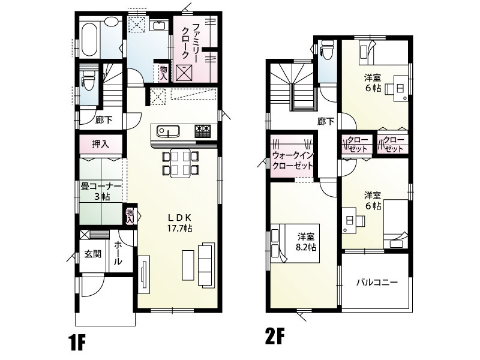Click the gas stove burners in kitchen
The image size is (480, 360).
pyautogui.click(x=202, y=131)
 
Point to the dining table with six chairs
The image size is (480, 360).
pyautogui.click(x=181, y=163)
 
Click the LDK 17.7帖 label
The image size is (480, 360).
pyautogui.click(x=179, y=223)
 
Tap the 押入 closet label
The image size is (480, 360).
pyautogui.click(x=100, y=144)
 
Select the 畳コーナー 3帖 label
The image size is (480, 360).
pyautogui.click(x=101, y=191)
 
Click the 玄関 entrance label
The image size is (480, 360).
pyautogui.click(x=93, y=254)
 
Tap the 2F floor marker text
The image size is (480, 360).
pyautogui.click(x=275, y=336)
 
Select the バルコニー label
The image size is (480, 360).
pyautogui.click(x=377, y=282)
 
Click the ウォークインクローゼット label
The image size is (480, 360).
pyautogui.click(x=293, y=160)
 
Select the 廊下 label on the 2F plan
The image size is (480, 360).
pyautogui.click(x=325, y=122)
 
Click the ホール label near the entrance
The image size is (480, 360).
pyautogui.click(x=118, y=253)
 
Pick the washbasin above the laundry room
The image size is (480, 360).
pyautogui.click(x=158, y=25)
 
